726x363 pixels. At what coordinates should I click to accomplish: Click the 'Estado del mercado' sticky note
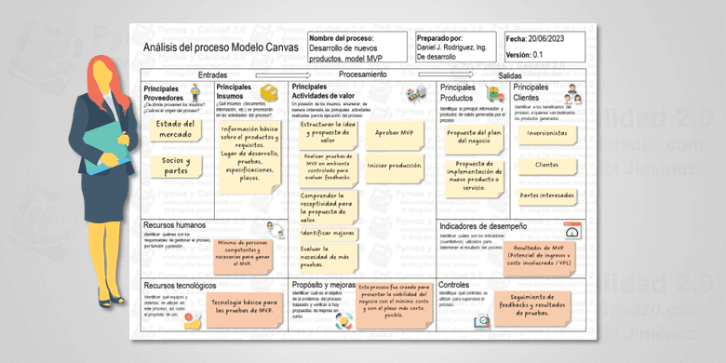click(175, 129)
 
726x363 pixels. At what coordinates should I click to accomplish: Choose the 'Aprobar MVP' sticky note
click(394, 133)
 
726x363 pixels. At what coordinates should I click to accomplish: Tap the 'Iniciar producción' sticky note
click(395, 166)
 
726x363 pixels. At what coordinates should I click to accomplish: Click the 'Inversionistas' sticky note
click(546, 133)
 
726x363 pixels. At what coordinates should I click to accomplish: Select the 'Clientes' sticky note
click(546, 165)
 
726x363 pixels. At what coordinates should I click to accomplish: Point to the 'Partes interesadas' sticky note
click(546, 195)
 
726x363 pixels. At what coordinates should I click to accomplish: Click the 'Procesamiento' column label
click(363, 74)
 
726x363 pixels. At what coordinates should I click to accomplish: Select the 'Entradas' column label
click(213, 74)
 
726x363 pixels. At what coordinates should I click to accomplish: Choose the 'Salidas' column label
click(510, 74)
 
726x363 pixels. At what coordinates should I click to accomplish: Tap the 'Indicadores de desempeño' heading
click(487, 225)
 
